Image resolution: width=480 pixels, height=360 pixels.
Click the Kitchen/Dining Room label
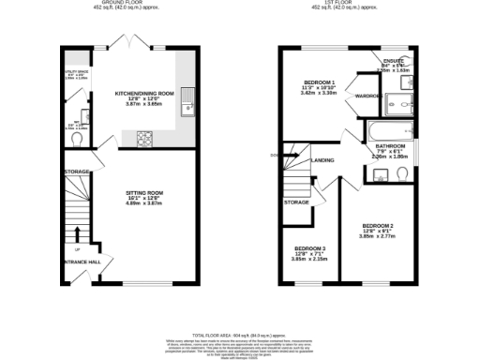pyautogui.click(x=144, y=94)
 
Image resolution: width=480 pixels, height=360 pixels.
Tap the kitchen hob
pyautogui.click(x=145, y=139)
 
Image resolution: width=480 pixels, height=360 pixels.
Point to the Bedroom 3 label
pyautogui.click(x=309, y=250)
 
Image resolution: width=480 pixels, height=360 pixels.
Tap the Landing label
pyautogui.click(x=323, y=160)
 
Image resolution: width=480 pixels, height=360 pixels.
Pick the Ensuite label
pyautogui.click(x=393, y=61)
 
